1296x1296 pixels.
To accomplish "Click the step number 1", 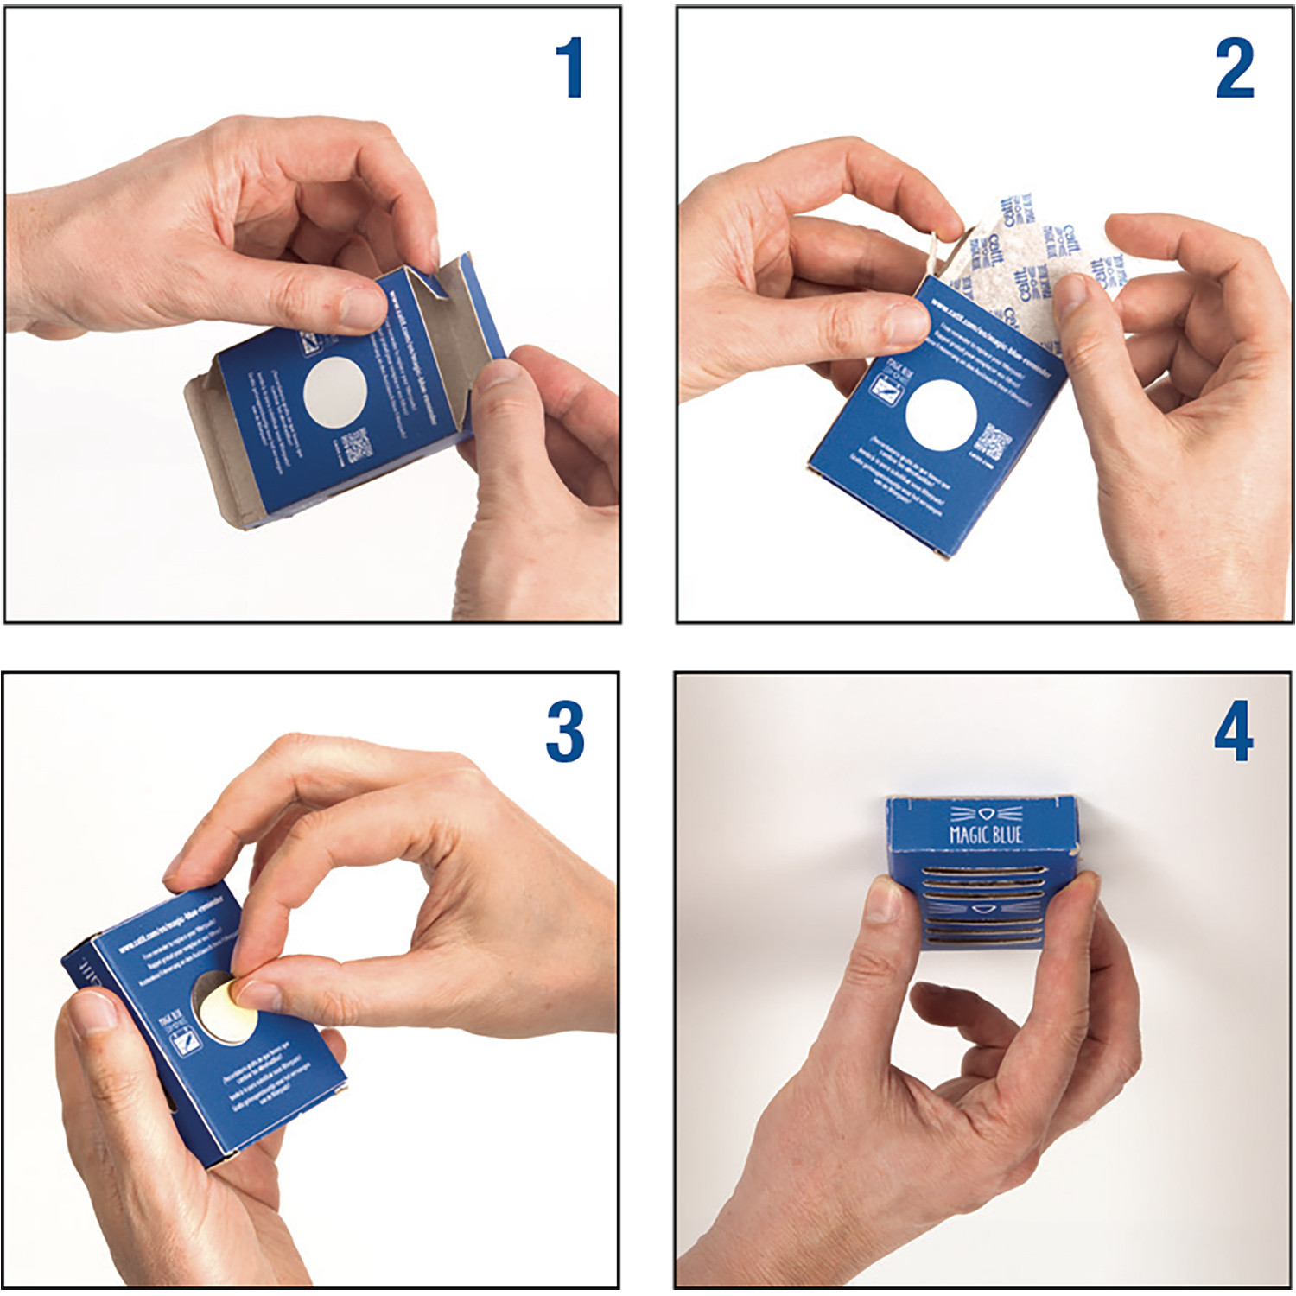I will pos(569,68).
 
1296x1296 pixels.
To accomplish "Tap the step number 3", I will pos(565,732).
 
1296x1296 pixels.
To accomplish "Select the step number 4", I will pos(1233,732).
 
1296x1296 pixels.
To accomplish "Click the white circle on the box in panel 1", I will pos(335,392).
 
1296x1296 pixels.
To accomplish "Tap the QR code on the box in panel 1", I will pos(356,447).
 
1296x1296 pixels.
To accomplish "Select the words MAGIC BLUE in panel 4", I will pos(986,835).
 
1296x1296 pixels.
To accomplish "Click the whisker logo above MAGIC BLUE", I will pos(986,814).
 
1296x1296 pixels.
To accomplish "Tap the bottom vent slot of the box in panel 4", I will pos(985,940).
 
